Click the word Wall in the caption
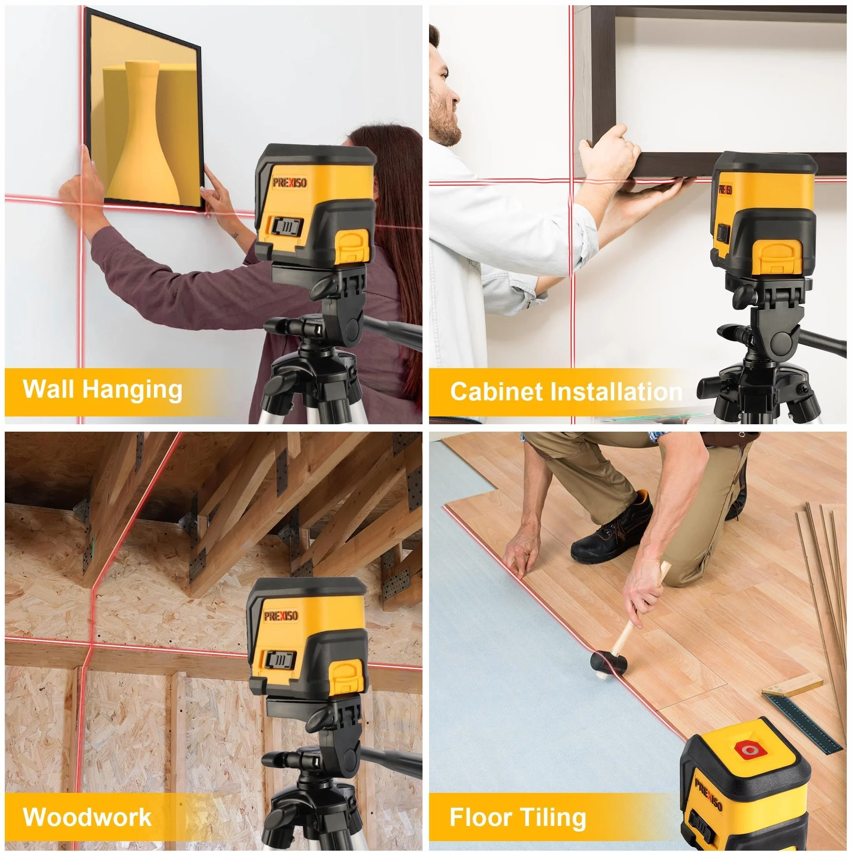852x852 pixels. (x=49, y=389)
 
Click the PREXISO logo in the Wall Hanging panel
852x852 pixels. (x=290, y=182)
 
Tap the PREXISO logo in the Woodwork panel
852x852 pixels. (x=280, y=616)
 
